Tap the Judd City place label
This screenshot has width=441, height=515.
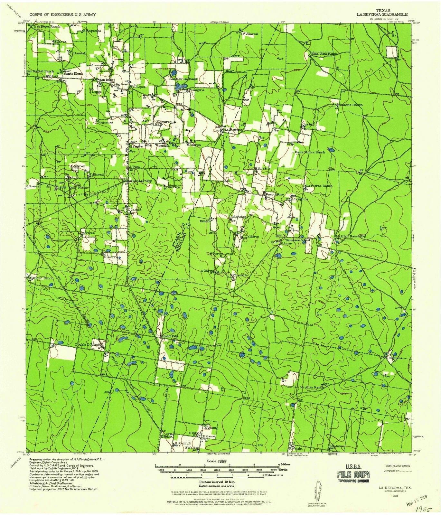point(169,336)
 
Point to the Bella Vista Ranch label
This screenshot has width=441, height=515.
point(324,54)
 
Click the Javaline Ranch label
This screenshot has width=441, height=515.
point(350,105)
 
